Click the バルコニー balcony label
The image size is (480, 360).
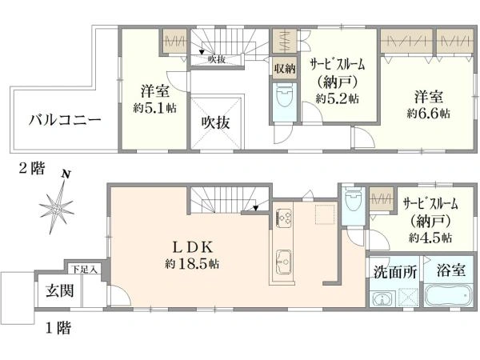[x=65, y=121]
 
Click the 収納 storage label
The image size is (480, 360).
[x=284, y=69]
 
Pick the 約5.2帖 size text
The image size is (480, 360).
[x=337, y=98]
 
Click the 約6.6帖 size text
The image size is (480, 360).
[x=428, y=114]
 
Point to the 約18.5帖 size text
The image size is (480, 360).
[x=193, y=263]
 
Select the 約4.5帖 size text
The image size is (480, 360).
[x=430, y=238]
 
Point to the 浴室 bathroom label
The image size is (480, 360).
[x=452, y=270]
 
